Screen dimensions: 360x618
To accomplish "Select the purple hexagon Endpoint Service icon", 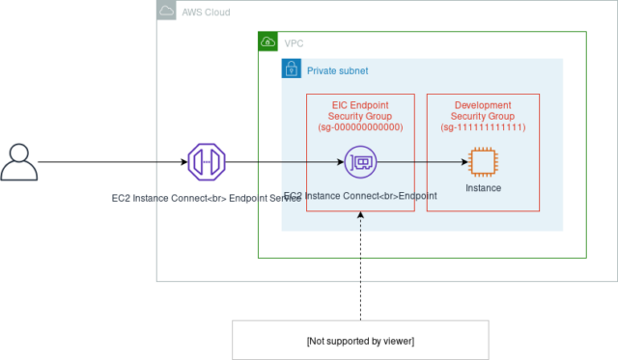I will (x=206, y=161).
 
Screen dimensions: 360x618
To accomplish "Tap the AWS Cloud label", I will (x=205, y=14).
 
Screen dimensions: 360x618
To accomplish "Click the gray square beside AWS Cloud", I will (x=167, y=13).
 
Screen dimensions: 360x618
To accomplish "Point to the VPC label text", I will (x=295, y=43).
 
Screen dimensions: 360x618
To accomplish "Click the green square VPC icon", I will (x=268, y=42).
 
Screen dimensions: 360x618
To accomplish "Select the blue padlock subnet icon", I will (x=291, y=69).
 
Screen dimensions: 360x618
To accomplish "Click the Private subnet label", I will (x=337, y=70).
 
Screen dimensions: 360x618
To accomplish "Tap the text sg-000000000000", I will (x=359, y=127).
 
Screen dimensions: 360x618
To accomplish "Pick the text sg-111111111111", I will (x=483, y=127).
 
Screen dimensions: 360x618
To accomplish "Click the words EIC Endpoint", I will (x=359, y=104).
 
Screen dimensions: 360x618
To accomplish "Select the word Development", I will (x=483, y=104).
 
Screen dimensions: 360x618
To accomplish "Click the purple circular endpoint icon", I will (x=360, y=161).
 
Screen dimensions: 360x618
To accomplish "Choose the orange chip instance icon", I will (x=483, y=161).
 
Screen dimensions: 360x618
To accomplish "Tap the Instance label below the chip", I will (x=483, y=187).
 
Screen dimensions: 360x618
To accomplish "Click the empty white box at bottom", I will (x=360, y=340).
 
